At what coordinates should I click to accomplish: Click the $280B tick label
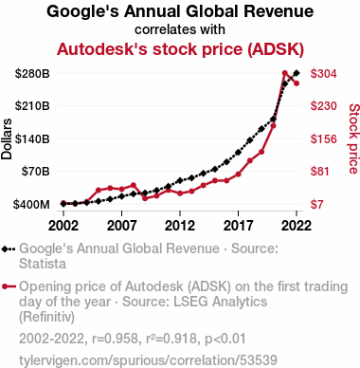[x=32, y=74]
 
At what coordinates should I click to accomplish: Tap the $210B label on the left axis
[x=32, y=106]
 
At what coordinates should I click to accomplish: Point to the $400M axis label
[x=31, y=205]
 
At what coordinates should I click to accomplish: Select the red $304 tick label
[x=323, y=74]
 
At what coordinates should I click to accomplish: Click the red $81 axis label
[x=319, y=172]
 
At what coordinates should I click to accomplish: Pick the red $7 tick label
[x=316, y=205]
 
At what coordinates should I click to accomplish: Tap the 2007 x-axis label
[x=121, y=226]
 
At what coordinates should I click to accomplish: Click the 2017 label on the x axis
[x=238, y=226]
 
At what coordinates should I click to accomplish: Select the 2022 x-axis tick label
[x=297, y=226]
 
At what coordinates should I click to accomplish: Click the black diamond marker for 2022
[x=297, y=73]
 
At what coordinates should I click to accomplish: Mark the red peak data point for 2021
[x=285, y=73]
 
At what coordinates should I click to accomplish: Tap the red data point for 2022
[x=297, y=83]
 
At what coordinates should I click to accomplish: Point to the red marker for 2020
[x=274, y=126]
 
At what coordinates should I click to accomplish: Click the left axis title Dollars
[x=7, y=138]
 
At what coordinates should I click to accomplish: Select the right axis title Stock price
[x=354, y=138]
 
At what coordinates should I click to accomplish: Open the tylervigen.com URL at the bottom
[x=148, y=360]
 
